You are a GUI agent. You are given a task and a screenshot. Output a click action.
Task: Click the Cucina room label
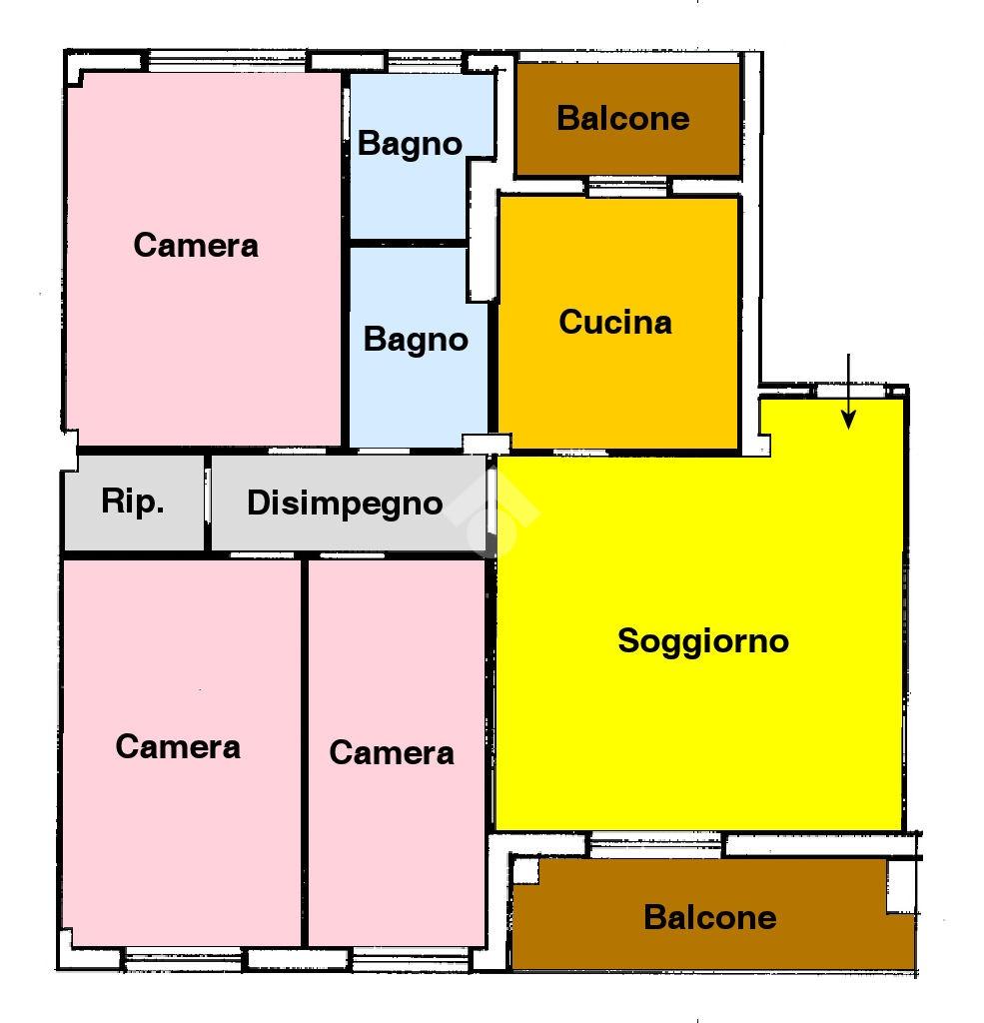coord(615,323)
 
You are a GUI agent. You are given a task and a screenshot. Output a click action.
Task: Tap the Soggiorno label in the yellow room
coord(703,642)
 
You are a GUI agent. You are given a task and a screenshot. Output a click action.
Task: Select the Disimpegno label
coord(345,505)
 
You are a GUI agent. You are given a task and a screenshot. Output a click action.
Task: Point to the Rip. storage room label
coord(133,503)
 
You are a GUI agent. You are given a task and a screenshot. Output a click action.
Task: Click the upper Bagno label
coord(410,144)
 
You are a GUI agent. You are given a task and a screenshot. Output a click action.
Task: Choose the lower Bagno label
coord(416,340)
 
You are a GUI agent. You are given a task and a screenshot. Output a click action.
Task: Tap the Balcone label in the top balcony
coord(623,119)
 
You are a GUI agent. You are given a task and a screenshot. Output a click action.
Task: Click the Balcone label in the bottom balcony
coord(710,917)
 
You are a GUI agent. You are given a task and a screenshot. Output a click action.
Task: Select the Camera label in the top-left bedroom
coord(196,246)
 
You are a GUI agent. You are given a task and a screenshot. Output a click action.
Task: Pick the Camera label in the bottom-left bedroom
coord(178,746)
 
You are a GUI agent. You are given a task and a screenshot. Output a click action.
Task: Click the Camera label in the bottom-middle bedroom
coord(392,753)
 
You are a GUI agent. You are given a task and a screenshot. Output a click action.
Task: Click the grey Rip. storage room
coord(134,504)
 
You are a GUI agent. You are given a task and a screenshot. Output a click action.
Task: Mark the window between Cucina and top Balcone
coord(627,187)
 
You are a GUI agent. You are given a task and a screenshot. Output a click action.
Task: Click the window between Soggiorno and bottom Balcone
coord(655,845)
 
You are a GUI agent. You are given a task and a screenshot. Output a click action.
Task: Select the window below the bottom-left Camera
coord(184,959)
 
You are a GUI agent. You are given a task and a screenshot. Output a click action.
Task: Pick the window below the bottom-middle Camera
coord(411,959)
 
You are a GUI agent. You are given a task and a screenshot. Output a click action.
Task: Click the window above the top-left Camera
coord(227,61)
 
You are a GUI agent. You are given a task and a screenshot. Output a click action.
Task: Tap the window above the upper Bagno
coord(425,61)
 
